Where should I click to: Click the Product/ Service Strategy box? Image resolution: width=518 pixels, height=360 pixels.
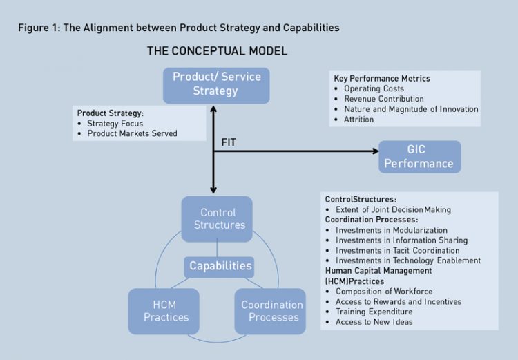[x=215, y=84]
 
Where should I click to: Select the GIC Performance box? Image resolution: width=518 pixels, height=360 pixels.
[x=419, y=157]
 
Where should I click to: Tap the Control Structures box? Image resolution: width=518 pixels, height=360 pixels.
[x=218, y=218]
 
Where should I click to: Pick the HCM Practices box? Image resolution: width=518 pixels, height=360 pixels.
[x=164, y=311]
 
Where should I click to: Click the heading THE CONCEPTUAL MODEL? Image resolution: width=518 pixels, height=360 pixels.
[x=217, y=51]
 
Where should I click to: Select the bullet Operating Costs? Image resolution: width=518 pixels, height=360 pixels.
[x=374, y=88]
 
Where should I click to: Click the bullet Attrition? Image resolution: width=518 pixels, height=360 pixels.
[x=358, y=119]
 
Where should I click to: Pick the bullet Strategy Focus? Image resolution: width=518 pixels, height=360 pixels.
[x=115, y=123]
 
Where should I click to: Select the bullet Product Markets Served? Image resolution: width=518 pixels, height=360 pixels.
[x=132, y=133]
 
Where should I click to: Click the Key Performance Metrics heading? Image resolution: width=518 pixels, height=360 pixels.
[x=381, y=78]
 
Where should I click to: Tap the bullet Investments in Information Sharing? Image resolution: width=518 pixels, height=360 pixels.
[x=401, y=240]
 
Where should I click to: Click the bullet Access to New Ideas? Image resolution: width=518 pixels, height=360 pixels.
[x=374, y=322]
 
